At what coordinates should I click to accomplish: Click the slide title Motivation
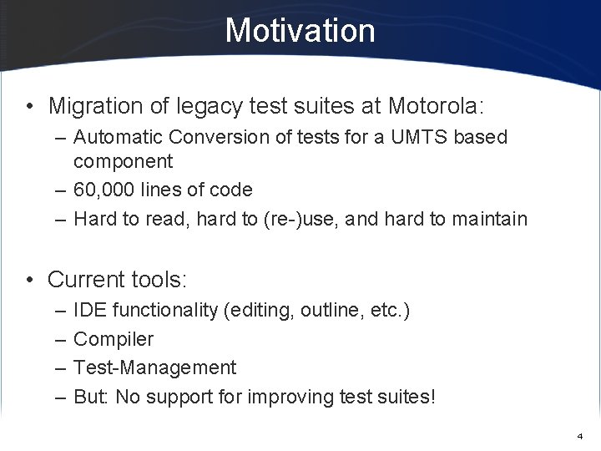[x=300, y=31]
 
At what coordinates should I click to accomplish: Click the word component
[x=123, y=160]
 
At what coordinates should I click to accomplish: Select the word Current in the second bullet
[x=86, y=277]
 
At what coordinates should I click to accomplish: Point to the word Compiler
[x=114, y=339]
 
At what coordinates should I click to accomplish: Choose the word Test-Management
[x=154, y=367]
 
